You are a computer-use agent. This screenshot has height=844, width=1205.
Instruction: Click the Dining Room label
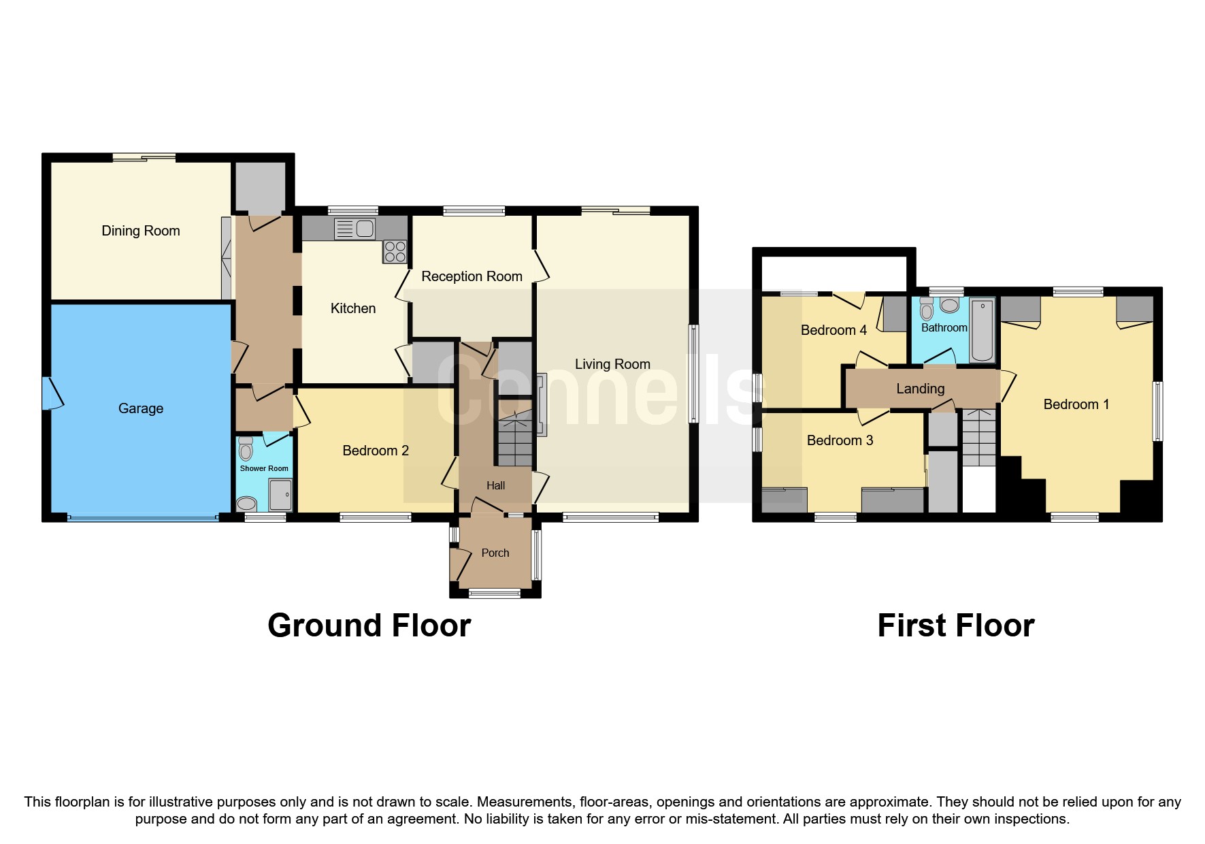coord(141,231)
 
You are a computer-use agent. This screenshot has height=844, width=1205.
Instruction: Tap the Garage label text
coord(141,408)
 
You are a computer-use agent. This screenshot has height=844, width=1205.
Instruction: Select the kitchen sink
coord(354,229)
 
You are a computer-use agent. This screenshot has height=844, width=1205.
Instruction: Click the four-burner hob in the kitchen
coord(395,252)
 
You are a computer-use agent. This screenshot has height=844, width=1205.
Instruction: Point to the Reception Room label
coord(472,276)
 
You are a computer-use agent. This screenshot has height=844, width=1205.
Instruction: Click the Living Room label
coord(612,364)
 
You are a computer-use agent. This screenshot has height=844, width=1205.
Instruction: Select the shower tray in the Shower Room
coord(280,495)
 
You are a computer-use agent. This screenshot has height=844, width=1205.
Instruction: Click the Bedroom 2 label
coord(376,451)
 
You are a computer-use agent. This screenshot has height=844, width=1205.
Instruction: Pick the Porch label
coord(495,553)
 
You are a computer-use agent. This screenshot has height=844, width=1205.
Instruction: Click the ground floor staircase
coord(514,439)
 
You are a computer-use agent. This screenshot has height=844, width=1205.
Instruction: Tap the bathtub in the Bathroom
coord(982,330)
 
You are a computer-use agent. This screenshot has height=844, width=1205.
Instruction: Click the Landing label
coord(920,389)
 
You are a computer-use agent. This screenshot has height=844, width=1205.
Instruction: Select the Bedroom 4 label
coord(833,330)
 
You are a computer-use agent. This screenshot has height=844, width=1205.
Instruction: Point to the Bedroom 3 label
coord(840,440)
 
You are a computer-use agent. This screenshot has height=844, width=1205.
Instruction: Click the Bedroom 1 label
coord(1076,404)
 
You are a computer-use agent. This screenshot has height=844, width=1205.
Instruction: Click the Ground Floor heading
coord(369,626)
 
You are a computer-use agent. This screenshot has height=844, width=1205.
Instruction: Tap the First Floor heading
coord(955,626)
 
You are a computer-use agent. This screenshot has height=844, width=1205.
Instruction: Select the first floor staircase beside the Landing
coord(978,438)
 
